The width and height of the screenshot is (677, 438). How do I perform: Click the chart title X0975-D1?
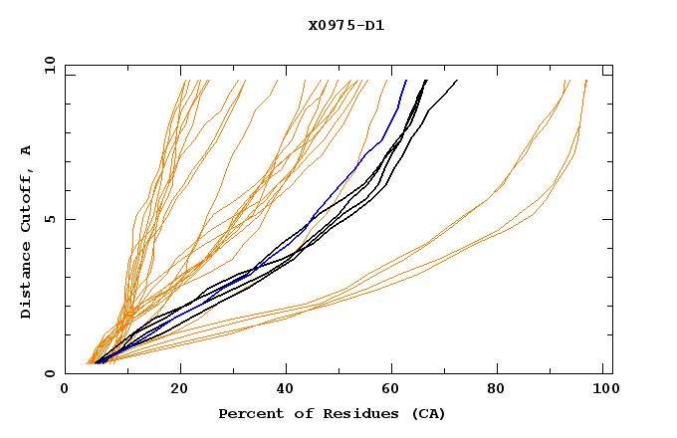[346, 26]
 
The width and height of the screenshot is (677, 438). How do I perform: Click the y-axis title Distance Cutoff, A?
[26, 231]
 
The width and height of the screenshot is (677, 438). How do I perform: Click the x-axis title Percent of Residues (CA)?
[332, 413]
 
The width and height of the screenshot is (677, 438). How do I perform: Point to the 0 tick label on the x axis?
[65, 389]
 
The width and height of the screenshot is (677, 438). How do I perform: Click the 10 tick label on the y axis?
[49, 65]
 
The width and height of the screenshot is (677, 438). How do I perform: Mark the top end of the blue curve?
[406, 80]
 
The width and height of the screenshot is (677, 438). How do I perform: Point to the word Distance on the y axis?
[26, 278]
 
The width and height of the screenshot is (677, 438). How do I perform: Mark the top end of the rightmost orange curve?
[586, 80]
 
